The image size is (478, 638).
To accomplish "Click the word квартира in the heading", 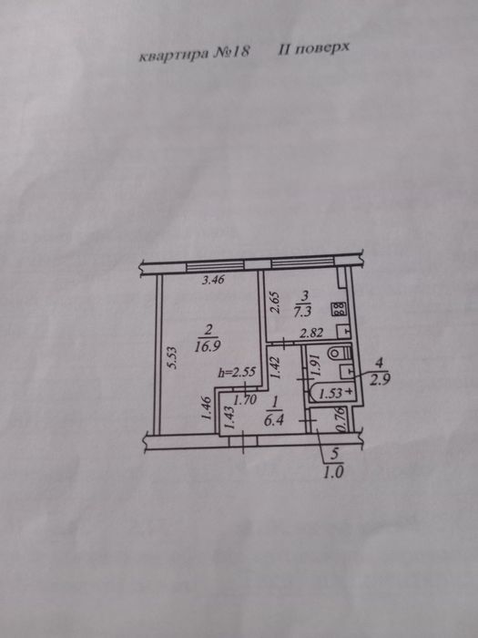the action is (174, 55).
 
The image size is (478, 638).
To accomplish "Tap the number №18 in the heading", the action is (231, 53).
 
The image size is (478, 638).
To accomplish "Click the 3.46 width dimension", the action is (213, 280).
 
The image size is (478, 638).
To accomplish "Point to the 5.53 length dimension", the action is (172, 357).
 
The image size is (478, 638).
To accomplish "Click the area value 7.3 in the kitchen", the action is (303, 312).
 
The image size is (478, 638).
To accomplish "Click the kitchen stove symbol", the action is (339, 309).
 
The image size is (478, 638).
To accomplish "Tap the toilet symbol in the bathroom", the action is (338, 352).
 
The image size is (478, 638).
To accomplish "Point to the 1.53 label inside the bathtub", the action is (331, 394).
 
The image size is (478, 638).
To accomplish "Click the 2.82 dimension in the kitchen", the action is (311, 334).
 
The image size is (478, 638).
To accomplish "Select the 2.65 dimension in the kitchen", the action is (275, 302).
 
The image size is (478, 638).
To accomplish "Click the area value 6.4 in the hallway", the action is (273, 420).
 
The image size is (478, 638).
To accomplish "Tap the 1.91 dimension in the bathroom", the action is (318, 365).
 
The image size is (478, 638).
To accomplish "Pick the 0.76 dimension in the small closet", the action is (342, 420).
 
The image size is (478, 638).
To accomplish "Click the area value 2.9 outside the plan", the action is (380, 380).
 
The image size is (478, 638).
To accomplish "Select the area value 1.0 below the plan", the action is (334, 473).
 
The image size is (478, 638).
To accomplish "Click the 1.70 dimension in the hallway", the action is (246, 400).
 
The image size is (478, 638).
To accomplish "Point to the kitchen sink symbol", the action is (344, 331).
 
